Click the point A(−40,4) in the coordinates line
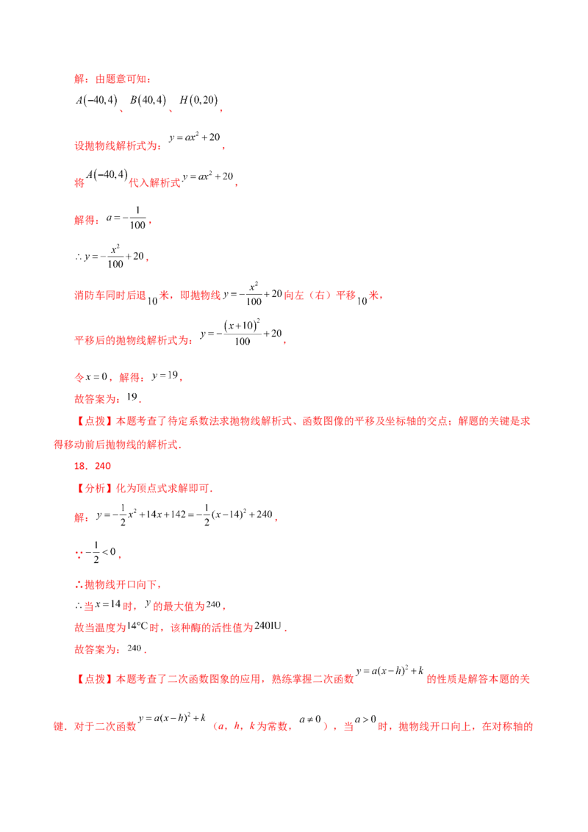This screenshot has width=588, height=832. (96, 100)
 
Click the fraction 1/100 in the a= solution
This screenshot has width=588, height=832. (137, 218)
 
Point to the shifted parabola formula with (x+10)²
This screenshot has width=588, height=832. (241, 333)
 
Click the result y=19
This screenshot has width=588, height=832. (165, 376)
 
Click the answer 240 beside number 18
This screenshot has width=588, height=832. (103, 466)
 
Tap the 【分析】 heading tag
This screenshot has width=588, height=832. (95, 488)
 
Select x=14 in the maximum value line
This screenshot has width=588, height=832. (108, 604)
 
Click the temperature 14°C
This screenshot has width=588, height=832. (137, 626)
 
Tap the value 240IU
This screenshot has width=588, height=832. (268, 626)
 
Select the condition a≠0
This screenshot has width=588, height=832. (310, 720)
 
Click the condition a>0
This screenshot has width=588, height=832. (365, 720)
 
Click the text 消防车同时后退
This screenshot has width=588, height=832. (110, 295)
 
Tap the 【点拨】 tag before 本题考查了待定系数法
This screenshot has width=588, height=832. (95, 420)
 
